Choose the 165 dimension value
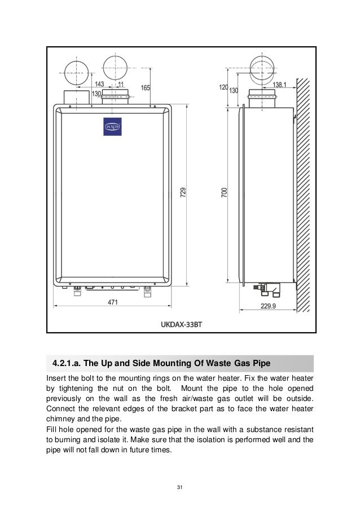[145, 87]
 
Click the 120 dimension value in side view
[223, 87]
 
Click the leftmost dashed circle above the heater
[78, 72]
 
